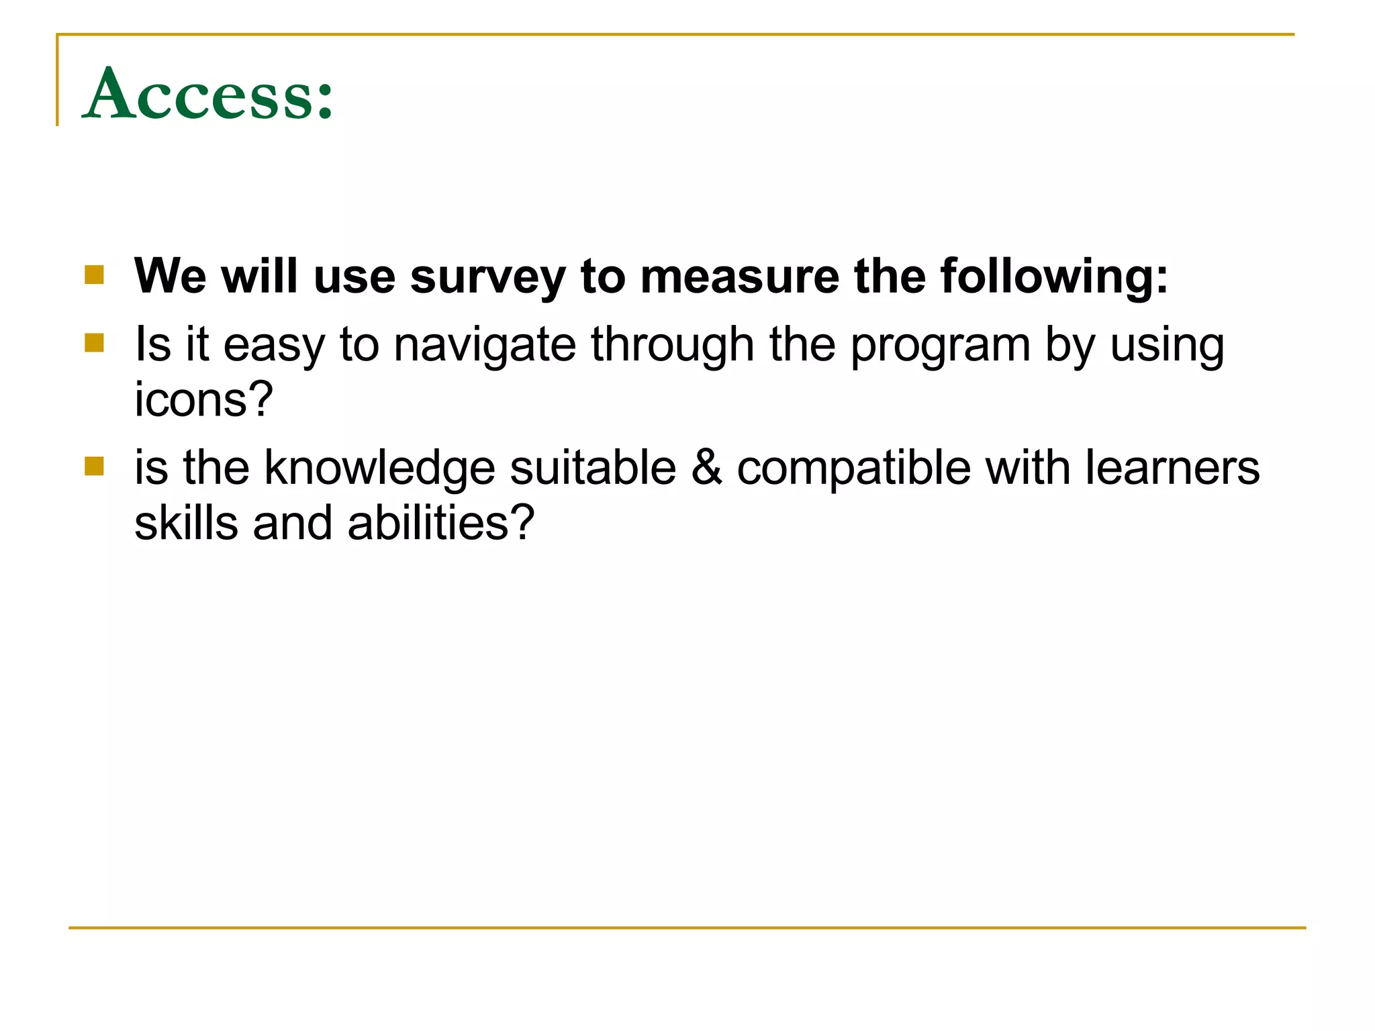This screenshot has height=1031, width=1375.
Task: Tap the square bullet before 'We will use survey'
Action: [95, 275]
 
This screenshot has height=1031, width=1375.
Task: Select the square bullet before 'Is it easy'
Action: [95, 343]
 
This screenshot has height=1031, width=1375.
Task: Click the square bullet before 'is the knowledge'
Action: [95, 466]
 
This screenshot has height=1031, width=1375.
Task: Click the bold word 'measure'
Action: [739, 277]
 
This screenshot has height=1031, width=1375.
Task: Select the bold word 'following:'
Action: [1054, 277]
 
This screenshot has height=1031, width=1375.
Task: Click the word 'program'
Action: [940, 345]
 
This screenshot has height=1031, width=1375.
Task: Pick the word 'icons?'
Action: [203, 399]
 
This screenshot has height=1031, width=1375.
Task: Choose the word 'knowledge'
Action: [379, 468]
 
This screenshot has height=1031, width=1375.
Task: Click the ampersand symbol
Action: [706, 468]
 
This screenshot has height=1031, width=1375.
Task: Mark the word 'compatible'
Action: [853, 468]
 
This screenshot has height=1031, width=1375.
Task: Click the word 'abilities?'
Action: [441, 523]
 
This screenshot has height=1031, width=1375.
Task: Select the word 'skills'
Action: [186, 523]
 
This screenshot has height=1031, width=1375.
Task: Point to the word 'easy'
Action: [273, 345]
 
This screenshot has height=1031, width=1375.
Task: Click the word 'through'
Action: [672, 345]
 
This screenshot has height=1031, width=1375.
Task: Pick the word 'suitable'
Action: [593, 468]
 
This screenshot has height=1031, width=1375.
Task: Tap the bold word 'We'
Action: [170, 277]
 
